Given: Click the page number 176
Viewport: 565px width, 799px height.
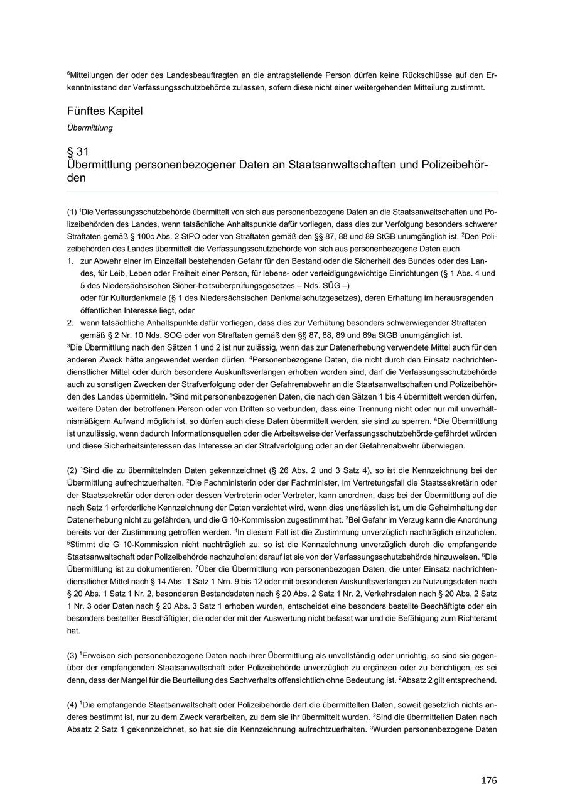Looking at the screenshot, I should (x=488, y=780).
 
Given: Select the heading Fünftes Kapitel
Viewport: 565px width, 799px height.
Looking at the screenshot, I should (x=105, y=111).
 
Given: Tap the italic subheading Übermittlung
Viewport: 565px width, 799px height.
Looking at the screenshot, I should (x=90, y=128).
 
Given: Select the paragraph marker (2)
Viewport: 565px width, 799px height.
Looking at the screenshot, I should (x=72, y=470).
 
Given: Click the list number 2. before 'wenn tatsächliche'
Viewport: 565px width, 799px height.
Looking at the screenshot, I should (x=70, y=323).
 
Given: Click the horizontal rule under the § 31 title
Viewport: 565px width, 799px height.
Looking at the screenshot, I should (x=282, y=192).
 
